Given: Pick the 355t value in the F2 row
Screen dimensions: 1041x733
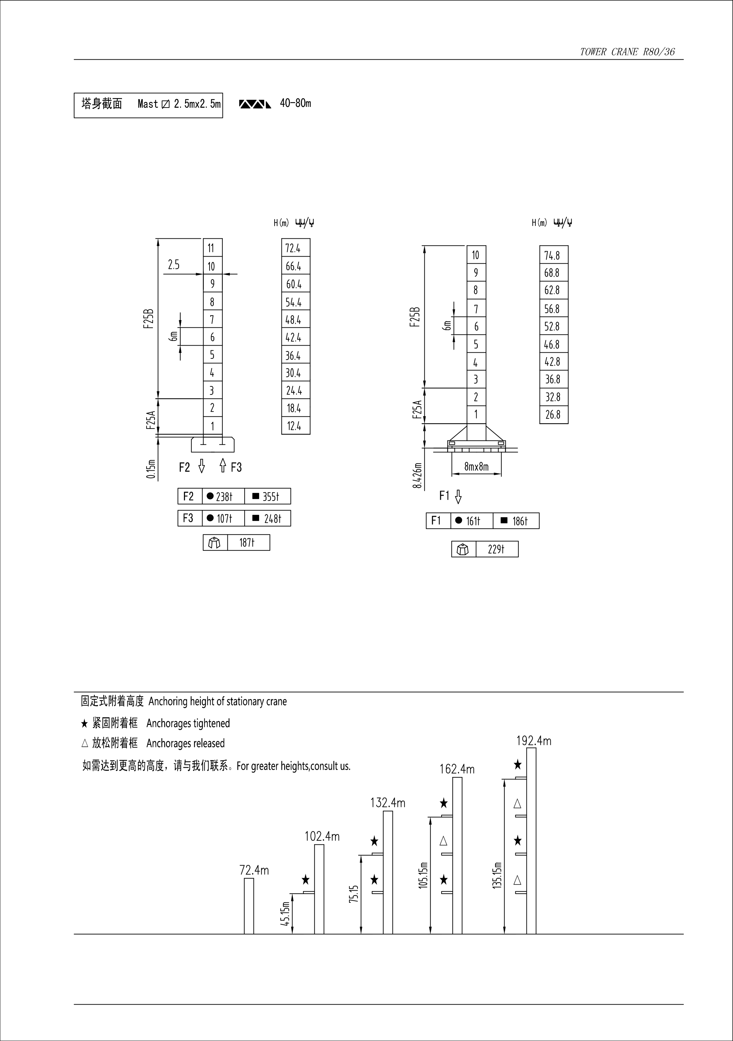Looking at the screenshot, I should click(271, 496).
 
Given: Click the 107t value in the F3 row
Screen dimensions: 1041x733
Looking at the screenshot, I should click(224, 519).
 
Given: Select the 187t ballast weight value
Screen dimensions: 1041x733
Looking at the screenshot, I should click(247, 543).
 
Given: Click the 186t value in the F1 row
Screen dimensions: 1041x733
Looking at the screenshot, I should click(520, 521).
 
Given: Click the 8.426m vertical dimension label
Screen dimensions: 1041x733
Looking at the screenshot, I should click(417, 475).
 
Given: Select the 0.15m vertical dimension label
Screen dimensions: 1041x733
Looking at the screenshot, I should click(151, 469).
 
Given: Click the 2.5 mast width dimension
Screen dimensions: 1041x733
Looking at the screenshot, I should click(174, 265).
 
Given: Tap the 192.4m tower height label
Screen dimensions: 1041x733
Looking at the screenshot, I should click(534, 741).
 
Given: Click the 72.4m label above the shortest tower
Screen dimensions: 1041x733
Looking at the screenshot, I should click(254, 870).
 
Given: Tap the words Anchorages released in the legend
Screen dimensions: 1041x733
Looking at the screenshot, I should click(185, 743).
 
